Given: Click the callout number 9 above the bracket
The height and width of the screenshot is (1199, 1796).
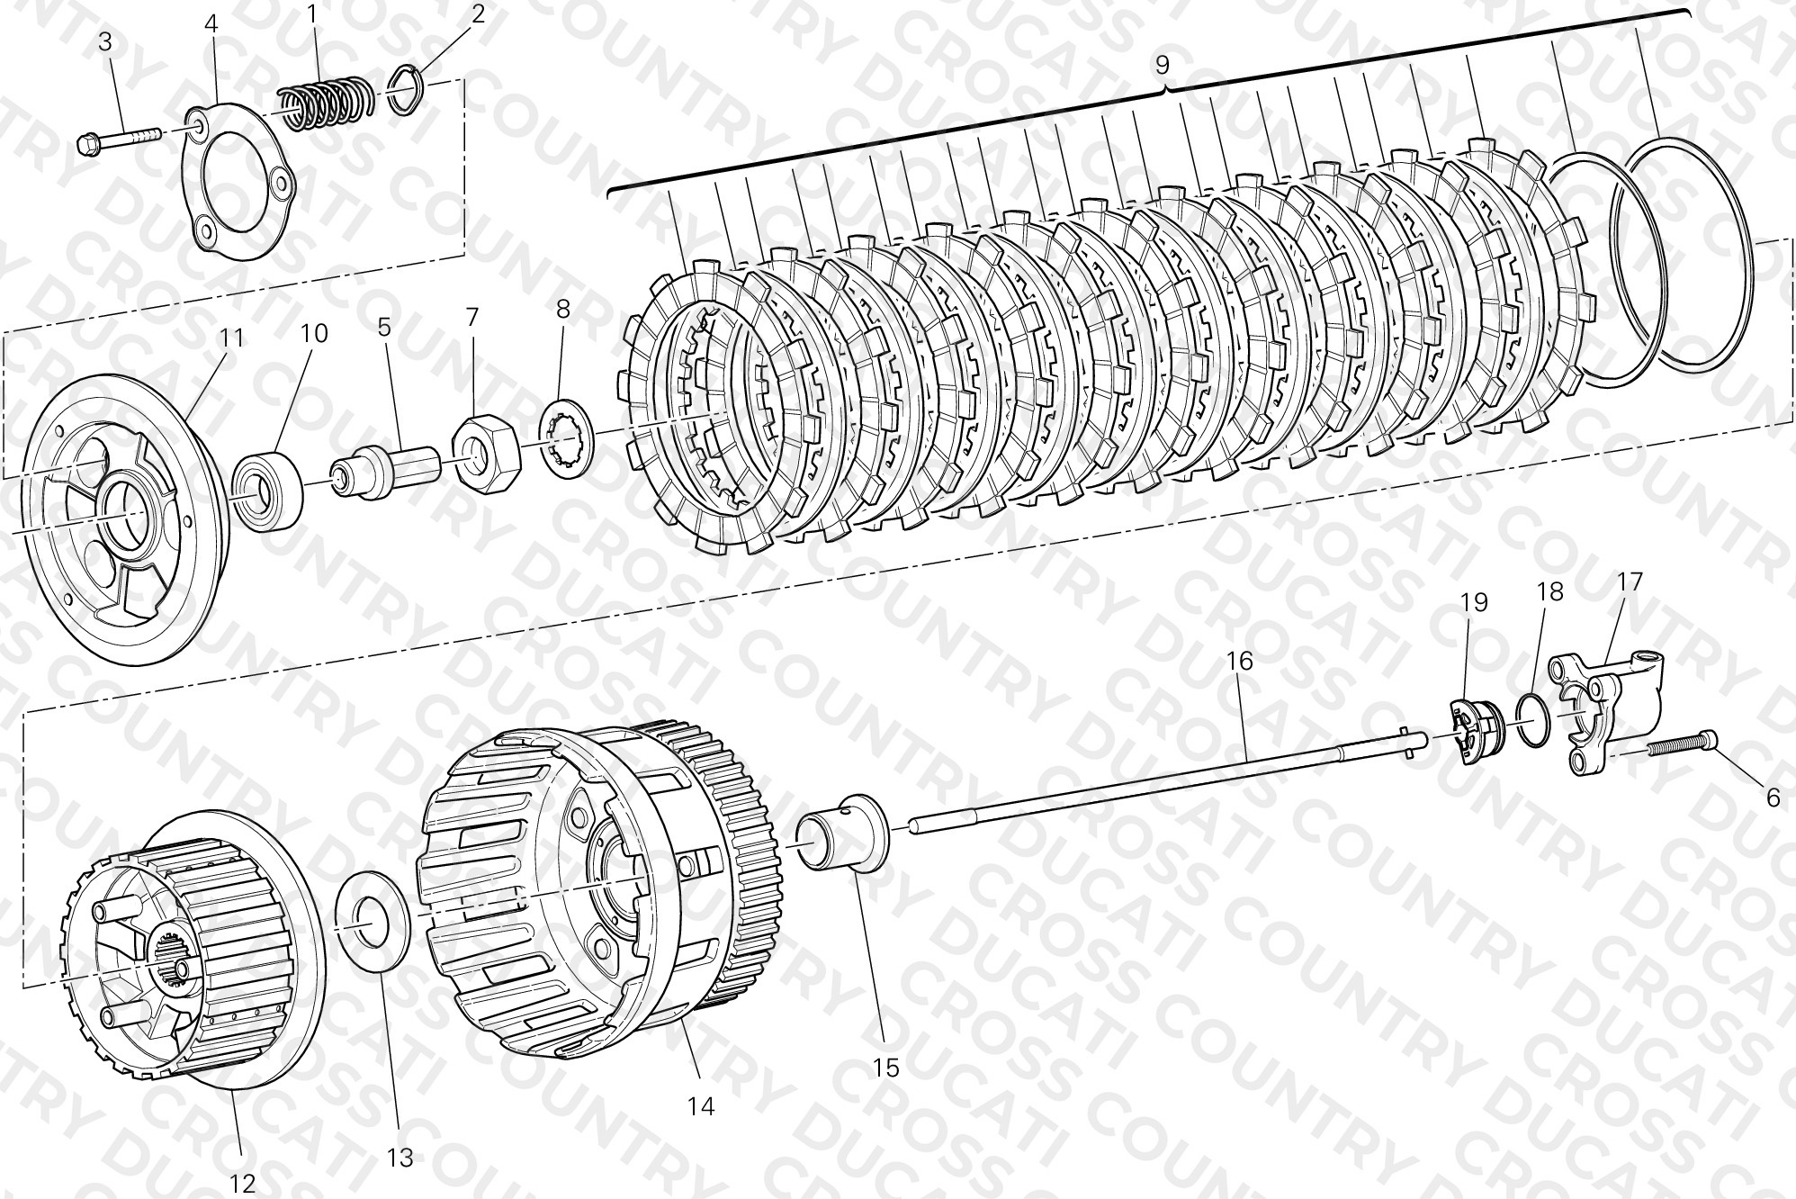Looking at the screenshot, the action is pos(1162,66).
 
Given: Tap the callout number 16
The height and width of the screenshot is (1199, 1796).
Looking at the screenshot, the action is pos(1239,661).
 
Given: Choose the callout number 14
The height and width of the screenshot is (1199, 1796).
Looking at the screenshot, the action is pos(701,1105).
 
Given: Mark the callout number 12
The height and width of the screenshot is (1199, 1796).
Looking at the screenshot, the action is pos(243,1183).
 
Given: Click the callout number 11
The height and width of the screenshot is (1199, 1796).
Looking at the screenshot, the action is pos(231,338).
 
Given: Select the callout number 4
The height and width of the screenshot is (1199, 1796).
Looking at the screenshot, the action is pos(211,23).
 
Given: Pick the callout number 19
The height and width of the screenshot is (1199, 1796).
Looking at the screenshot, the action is pos(1475,602).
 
